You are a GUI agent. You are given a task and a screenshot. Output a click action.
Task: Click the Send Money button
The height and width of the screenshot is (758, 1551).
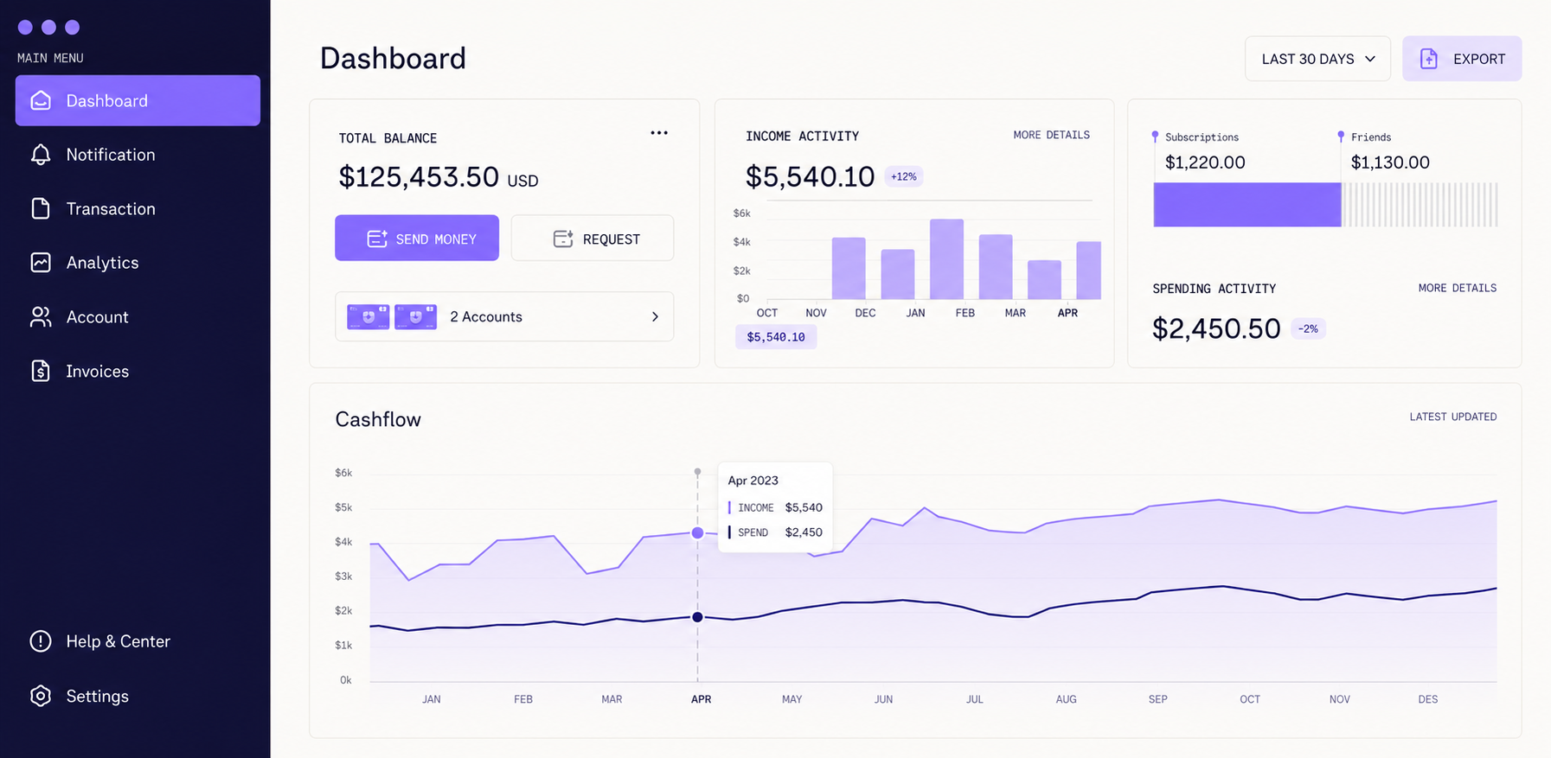[417, 238]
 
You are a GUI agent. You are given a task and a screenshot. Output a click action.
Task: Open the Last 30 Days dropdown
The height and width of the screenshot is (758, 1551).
[1317, 59]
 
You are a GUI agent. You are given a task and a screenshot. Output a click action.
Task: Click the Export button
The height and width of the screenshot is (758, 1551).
[1462, 59]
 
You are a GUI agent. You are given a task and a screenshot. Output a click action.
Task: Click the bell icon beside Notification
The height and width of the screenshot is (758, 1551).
[41, 155]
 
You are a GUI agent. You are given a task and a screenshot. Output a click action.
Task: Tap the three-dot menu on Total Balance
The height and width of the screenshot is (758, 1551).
[659, 133]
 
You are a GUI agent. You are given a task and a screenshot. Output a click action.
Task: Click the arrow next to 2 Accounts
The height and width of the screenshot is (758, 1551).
[655, 317]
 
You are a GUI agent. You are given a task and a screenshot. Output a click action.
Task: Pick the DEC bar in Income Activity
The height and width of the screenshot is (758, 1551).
[849, 269]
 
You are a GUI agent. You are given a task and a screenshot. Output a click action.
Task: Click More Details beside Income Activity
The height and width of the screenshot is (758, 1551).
[1051, 135]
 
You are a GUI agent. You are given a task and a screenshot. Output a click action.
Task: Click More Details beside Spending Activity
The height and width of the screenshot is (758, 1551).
[1457, 288]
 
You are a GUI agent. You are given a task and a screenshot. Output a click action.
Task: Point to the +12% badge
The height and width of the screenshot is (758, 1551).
[904, 176]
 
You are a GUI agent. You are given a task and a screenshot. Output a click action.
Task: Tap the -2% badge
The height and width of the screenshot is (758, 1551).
[1308, 328]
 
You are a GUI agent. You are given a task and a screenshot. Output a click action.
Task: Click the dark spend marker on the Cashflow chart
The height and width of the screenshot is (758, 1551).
[697, 617]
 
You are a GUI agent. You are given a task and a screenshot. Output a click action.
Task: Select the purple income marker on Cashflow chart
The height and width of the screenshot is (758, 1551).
[697, 533]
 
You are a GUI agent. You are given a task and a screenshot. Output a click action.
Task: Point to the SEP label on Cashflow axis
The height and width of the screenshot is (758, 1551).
[1157, 699]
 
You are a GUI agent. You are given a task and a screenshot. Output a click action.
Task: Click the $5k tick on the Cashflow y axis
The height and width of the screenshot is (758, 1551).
[343, 507]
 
